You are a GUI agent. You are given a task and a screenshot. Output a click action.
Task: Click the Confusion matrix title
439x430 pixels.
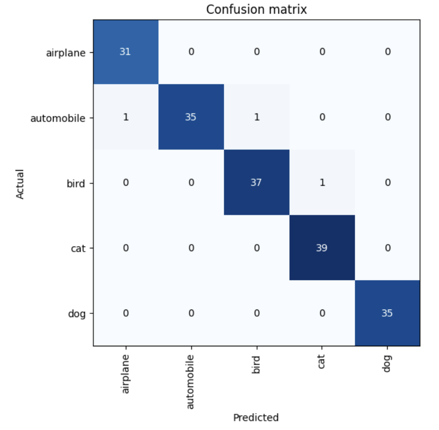(256, 9)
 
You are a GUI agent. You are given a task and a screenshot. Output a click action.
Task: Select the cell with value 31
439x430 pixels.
(126, 52)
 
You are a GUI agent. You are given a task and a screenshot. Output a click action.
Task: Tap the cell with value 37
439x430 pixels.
(257, 182)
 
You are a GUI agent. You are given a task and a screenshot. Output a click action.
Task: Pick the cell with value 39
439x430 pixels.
(322, 248)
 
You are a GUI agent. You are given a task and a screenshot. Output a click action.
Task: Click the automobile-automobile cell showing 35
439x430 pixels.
(191, 117)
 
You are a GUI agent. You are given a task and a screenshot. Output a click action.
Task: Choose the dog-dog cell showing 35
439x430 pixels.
(388, 313)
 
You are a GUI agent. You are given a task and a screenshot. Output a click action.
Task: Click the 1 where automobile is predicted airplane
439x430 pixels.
(126, 117)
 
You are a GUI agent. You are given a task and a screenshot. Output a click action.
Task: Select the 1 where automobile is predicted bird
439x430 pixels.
(257, 117)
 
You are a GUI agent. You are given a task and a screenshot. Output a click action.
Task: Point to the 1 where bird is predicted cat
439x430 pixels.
(322, 182)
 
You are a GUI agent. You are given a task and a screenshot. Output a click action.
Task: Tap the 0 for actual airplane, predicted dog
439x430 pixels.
(388, 52)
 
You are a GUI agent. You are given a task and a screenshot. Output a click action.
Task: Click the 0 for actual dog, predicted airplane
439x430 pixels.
(126, 313)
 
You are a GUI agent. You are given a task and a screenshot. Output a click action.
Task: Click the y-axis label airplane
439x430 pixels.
(66, 53)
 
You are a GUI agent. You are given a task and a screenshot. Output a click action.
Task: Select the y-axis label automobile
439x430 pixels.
(58, 118)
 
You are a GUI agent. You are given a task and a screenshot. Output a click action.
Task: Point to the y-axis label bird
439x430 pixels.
(76, 183)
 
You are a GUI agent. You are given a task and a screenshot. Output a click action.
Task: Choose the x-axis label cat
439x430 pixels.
(321, 361)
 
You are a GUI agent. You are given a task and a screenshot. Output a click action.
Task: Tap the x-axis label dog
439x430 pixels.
(387, 364)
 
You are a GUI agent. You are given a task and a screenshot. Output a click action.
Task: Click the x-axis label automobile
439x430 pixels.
(190, 382)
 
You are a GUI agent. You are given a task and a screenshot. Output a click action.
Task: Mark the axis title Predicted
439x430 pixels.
(256, 417)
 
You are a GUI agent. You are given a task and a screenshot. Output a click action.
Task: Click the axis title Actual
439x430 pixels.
(20, 184)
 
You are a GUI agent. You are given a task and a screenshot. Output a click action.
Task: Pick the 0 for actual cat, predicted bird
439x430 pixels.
(257, 248)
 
